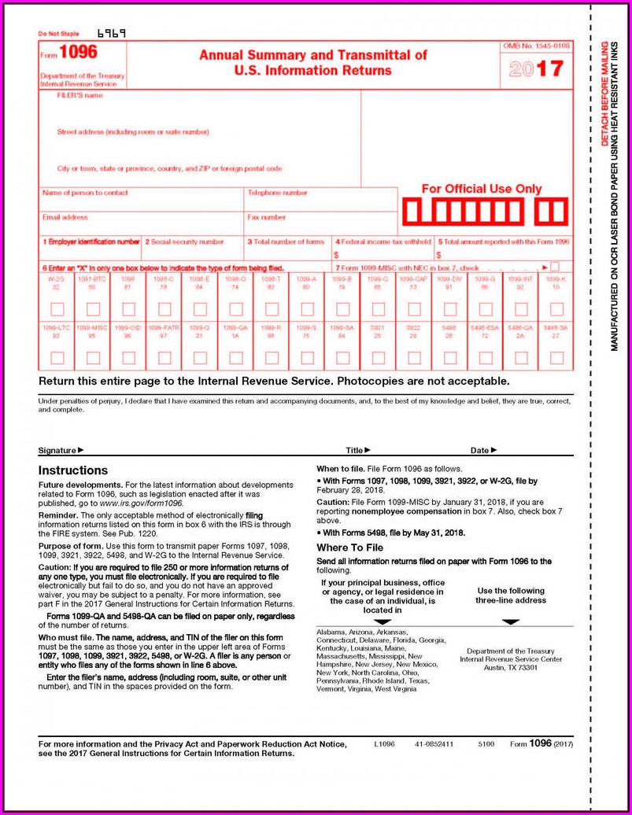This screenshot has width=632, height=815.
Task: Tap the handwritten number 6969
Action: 111,34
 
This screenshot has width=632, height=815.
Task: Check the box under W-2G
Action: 57,309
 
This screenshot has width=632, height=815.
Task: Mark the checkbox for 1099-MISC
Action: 93,358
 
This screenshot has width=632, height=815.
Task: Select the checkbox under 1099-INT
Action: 521,309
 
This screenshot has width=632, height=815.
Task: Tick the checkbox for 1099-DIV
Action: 449,309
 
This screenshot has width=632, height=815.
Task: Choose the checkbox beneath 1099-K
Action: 556,309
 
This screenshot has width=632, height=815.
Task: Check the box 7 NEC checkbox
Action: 555,267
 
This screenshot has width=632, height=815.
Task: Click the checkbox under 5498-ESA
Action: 485,358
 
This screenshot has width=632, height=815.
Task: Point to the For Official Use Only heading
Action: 482,189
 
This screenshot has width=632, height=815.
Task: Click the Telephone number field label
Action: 277,193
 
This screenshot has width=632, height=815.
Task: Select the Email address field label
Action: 65,217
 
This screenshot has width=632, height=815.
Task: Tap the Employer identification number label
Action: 91,242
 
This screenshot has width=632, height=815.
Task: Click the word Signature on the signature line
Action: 57,451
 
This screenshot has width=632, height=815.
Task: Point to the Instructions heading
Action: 73,470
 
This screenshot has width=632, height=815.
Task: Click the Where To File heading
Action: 349,548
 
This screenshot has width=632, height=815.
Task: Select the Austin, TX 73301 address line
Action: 511,667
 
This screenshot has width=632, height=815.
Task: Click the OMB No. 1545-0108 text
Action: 538,47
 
